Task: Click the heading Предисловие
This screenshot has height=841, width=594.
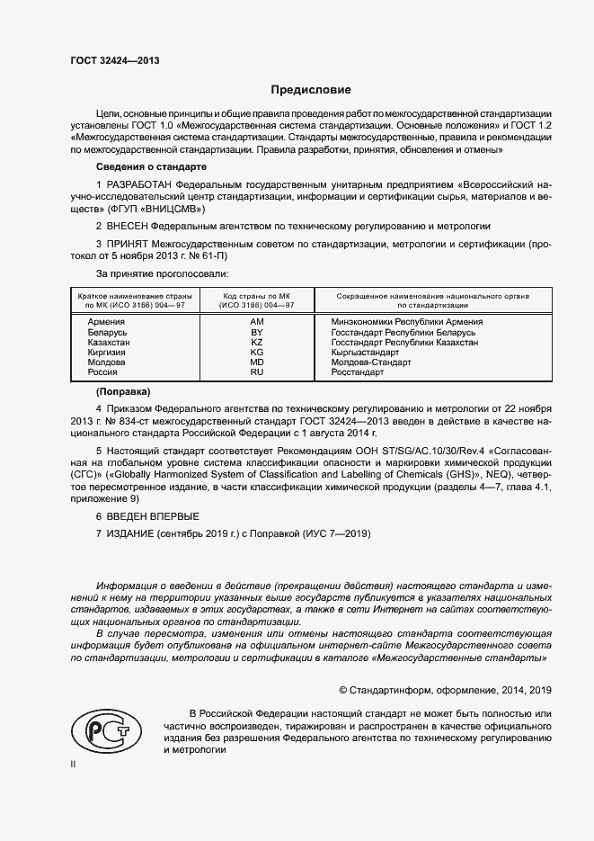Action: pos(311,90)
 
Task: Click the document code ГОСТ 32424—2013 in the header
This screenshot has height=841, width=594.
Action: pos(115,60)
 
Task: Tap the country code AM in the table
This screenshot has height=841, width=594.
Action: pos(256,321)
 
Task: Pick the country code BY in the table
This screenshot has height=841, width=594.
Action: pos(256,332)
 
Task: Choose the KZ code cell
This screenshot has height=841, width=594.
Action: pos(256,343)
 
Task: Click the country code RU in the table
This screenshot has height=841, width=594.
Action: pos(256,372)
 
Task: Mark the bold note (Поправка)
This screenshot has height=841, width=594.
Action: pos(123,392)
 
